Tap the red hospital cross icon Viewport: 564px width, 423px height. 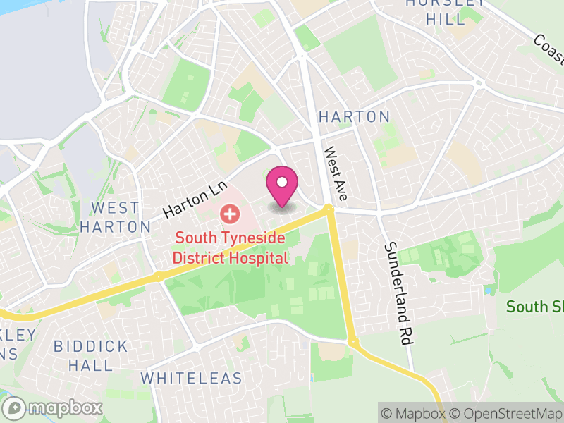click(229, 213)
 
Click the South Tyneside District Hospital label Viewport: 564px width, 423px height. click(231, 248)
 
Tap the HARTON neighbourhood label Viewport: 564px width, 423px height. click(354, 117)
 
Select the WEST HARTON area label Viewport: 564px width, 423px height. click(115, 217)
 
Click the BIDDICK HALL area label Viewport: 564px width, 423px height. click(92, 356)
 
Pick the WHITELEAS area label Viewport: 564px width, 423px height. click(191, 379)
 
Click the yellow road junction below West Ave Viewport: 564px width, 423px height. click(329, 209)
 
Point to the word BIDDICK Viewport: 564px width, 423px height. click(92, 347)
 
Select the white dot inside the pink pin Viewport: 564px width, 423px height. click(282, 182)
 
